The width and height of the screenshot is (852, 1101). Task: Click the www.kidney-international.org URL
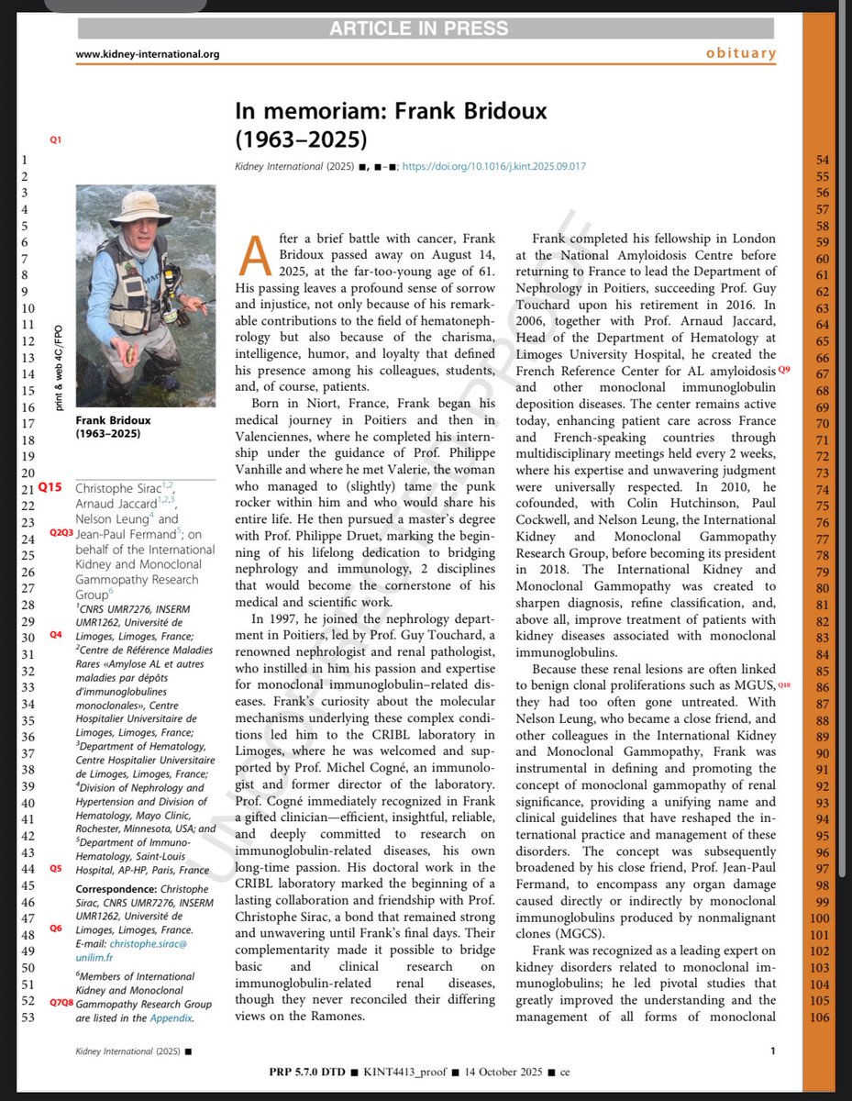click(148, 54)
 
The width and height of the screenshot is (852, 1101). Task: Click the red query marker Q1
click(56, 139)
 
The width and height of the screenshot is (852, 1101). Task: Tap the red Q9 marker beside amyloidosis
click(783, 370)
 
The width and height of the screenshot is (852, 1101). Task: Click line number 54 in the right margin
click(823, 161)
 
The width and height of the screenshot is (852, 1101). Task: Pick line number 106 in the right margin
click(820, 1017)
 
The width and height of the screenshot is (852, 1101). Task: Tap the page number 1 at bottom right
click(773, 1051)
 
